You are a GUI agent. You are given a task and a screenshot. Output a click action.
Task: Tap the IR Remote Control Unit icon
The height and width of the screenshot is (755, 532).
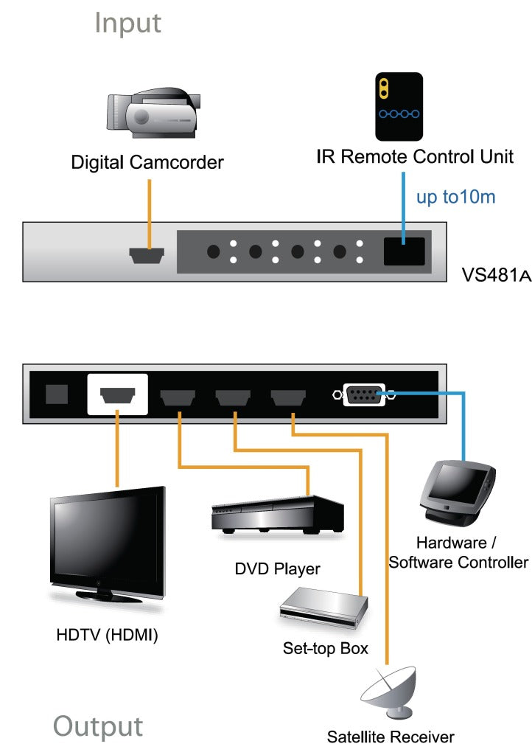399,106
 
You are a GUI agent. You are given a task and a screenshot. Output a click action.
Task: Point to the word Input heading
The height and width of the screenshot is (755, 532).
127,23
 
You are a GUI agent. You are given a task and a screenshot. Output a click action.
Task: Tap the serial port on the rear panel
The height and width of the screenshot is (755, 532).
364,394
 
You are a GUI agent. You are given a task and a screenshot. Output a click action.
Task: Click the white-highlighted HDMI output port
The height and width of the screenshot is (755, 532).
117,394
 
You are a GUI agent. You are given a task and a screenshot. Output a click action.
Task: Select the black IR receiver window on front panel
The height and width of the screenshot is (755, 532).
404,252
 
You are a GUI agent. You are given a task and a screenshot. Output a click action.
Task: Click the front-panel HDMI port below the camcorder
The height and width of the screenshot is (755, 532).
147,255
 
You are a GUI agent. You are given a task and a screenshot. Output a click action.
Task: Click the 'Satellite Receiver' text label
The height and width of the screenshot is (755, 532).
391,736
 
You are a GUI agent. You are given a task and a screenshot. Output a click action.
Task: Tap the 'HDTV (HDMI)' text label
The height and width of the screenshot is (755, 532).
107,635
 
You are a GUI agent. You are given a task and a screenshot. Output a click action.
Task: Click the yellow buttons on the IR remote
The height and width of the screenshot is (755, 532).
383,88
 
